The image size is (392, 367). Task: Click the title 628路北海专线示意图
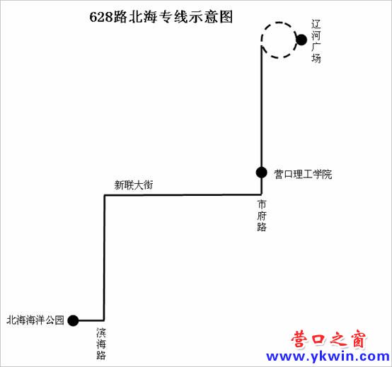point(161,17)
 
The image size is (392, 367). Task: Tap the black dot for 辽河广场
point(301,40)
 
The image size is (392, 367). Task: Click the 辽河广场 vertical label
point(316,41)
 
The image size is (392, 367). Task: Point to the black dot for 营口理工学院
point(262,172)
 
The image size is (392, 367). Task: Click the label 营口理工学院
point(303,174)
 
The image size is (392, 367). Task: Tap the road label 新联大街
point(134,185)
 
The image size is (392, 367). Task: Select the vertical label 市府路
point(262,216)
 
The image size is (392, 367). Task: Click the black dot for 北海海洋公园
point(73,320)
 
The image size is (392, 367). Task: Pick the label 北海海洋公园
point(35,320)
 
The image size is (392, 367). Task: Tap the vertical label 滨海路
point(101,344)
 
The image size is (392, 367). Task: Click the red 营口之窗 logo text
point(328,339)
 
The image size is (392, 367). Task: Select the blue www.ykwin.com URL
point(328,356)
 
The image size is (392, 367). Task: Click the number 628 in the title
point(100,17)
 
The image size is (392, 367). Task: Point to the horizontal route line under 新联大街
point(183,195)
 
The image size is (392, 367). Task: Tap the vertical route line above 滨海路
point(104,257)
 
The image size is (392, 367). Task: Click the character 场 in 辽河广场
point(316,58)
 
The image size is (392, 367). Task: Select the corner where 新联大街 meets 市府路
point(262,194)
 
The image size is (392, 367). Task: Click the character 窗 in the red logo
point(358,339)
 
